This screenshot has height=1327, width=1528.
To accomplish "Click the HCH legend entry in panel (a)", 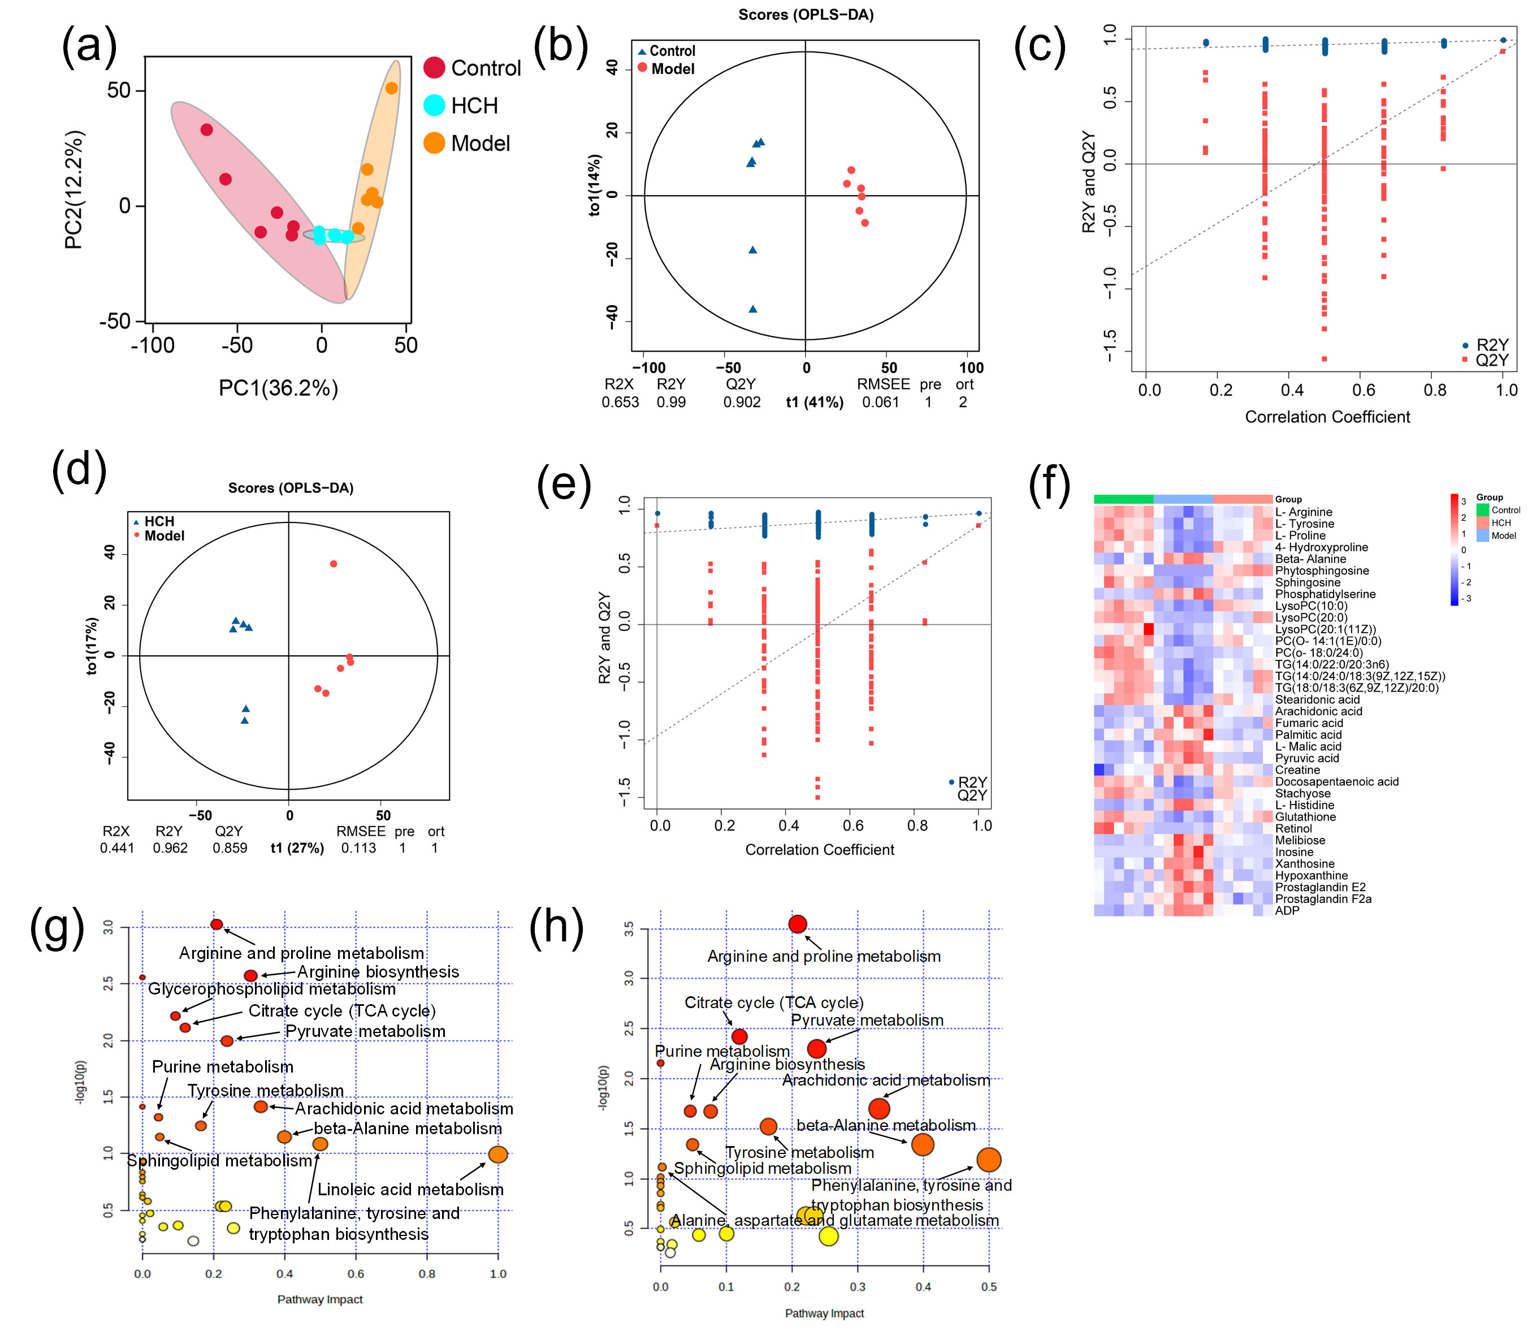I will pos(474,106).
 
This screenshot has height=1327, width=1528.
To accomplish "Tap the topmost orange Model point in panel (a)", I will pos(392,88).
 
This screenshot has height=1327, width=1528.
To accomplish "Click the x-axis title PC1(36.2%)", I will pos(278,388).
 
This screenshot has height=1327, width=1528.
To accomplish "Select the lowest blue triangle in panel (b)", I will pos(753,309).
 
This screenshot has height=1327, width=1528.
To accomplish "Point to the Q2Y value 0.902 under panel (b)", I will pos(742,402).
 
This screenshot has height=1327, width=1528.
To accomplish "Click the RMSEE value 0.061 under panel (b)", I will pos(880,402).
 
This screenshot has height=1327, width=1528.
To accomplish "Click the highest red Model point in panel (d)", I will pos(334,564).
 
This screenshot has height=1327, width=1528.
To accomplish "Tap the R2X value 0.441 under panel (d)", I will pos(117,848).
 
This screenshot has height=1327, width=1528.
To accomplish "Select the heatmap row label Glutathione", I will pos(1305,817).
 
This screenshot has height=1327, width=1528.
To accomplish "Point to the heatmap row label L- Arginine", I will pos(1303,512).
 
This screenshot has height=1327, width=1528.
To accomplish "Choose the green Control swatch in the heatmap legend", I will pos(1482,509).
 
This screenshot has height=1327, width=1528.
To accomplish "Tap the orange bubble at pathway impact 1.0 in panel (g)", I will pos(498,1154).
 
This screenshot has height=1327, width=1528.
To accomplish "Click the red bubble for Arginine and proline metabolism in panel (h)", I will pos(797,924).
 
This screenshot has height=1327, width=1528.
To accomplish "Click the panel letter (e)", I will pos(564,485).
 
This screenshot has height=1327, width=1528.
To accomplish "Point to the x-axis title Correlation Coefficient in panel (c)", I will pos(1327,417).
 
